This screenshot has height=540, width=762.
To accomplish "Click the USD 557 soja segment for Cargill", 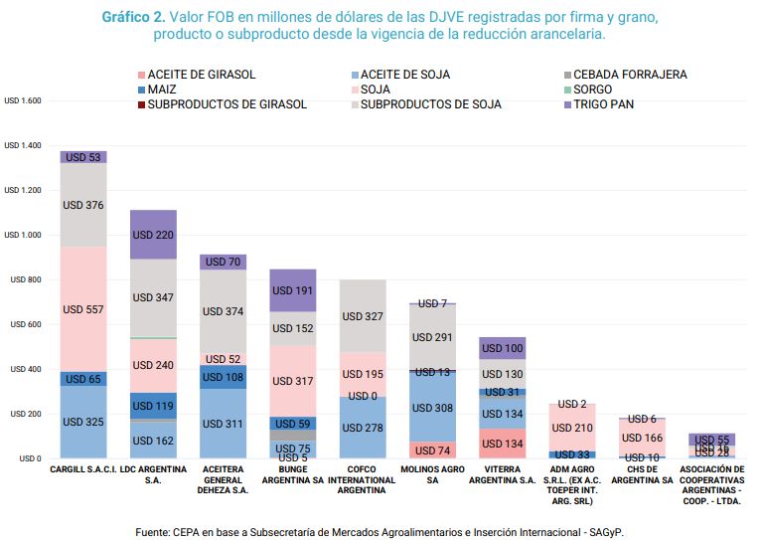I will [x=83, y=309].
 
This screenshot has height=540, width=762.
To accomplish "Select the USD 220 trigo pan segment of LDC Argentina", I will [x=153, y=235].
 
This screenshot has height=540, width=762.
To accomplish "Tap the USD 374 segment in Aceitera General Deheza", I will [x=223, y=310].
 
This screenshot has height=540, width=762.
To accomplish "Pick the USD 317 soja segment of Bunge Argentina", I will [x=292, y=381].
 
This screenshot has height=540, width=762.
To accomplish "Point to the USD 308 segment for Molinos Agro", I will [x=431, y=408].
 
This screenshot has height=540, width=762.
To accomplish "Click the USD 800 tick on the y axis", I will [x=27, y=280].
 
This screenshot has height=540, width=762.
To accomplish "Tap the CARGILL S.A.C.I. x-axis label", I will [x=83, y=468].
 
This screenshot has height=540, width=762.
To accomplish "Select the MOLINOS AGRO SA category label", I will [x=431, y=474].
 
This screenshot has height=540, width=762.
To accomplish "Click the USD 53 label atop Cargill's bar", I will [x=83, y=157].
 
